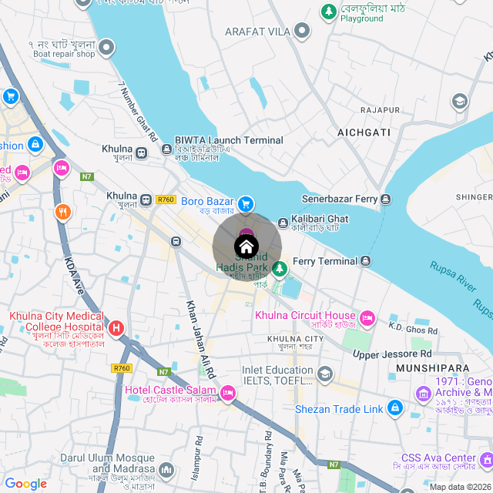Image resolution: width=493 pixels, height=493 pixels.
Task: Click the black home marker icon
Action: pyautogui.click(x=246, y=247)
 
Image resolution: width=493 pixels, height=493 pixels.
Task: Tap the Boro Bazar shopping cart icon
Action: pyautogui.click(x=246, y=203)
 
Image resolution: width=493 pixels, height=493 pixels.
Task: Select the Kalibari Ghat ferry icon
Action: pyautogui.click(x=283, y=222)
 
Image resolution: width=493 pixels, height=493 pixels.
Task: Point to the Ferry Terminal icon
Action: pyautogui.click(x=366, y=262)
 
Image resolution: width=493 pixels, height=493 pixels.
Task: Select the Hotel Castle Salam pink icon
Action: pyautogui.click(x=228, y=394)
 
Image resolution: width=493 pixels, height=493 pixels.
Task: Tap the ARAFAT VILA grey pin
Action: pyautogui.click(x=302, y=32)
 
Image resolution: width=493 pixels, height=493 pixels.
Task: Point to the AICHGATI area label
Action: pyautogui.click(x=364, y=133)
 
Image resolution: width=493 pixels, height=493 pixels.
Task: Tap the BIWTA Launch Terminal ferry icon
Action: pyautogui.click(x=167, y=149)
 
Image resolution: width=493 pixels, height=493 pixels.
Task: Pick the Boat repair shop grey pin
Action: pyautogui.click(x=107, y=49)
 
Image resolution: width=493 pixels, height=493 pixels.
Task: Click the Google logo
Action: pyautogui.click(x=26, y=484)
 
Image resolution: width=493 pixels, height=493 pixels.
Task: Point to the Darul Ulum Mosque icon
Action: pyautogui.click(x=167, y=469)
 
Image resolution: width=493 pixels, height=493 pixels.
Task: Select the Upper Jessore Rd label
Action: pyautogui.click(x=392, y=354)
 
